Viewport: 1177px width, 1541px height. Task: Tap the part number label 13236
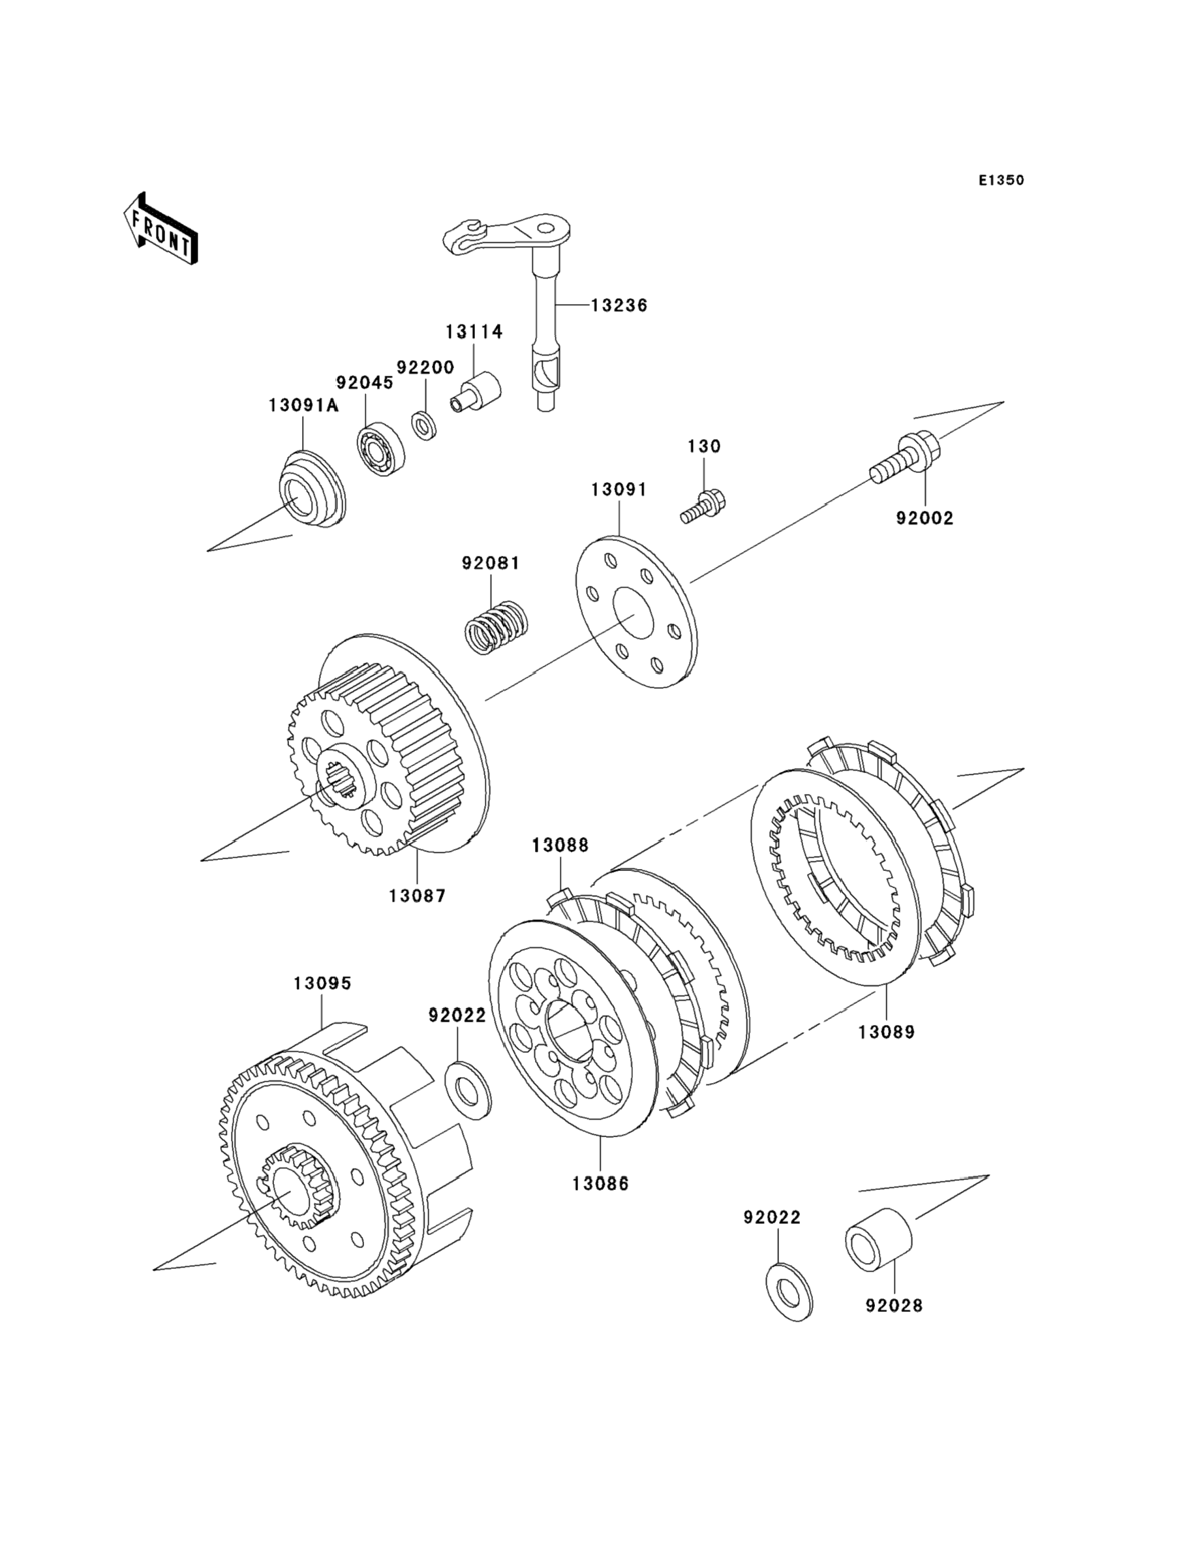tap(619, 305)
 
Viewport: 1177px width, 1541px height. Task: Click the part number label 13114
tap(475, 331)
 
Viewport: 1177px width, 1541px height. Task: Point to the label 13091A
tap(304, 406)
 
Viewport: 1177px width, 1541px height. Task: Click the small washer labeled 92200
tap(423, 427)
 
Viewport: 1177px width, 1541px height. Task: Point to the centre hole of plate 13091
tap(635, 615)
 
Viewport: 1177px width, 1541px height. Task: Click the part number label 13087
tap(418, 895)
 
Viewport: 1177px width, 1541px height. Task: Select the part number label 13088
tap(560, 845)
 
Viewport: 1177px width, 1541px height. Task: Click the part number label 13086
tap(600, 1183)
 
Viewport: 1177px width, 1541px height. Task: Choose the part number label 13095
tap(322, 983)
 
